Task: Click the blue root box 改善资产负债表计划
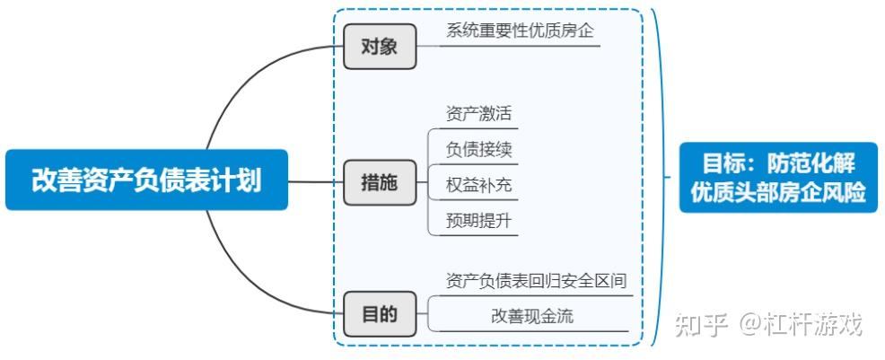pos(146,180)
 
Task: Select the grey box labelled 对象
pos(380,47)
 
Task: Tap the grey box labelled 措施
pos(380,182)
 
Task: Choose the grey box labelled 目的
pos(380,315)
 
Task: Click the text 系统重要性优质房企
pos(521,30)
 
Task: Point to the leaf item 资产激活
pos(478,114)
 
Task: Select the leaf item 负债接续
pos(478,149)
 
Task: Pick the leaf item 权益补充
pos(478,185)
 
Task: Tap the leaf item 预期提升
pos(478,220)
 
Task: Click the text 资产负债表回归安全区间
pos(536,281)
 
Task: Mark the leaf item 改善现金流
pos(531,316)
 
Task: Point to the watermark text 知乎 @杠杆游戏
pos(768,324)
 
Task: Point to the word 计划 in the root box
pos(239,180)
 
